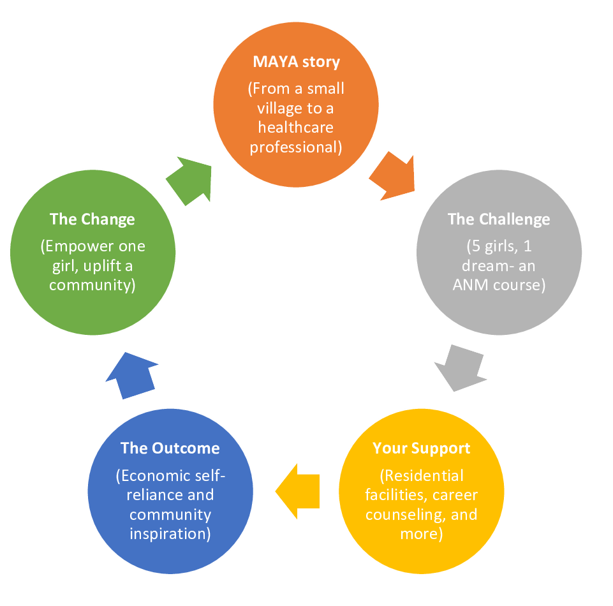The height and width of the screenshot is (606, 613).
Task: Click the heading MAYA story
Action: [x=297, y=62]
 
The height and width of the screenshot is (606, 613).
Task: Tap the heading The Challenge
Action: [x=498, y=219]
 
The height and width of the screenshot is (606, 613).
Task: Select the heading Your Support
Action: [x=421, y=448]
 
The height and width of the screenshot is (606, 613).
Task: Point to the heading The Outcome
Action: [x=170, y=448]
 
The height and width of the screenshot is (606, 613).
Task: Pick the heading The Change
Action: [x=92, y=219]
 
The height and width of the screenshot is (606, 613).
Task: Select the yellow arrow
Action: [x=297, y=491]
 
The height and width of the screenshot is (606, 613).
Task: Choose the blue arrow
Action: [x=132, y=376]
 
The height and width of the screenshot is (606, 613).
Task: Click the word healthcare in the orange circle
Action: [x=295, y=128]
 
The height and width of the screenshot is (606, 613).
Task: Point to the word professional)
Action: [x=296, y=147]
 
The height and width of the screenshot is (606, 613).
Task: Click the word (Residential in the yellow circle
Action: [x=422, y=476]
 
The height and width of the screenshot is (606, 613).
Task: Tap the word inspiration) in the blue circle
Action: [x=170, y=534]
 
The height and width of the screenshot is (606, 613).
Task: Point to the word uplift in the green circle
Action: [x=103, y=266]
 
